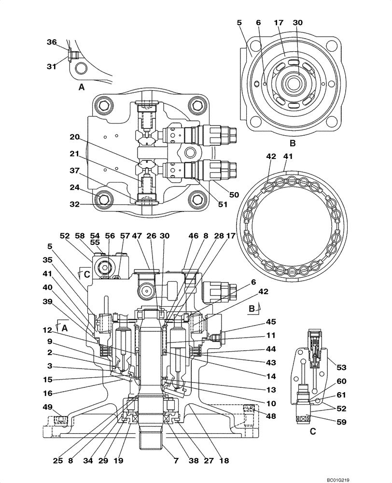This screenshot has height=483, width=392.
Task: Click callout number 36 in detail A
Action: (x=52, y=42)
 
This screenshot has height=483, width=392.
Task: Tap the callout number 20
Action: (x=74, y=137)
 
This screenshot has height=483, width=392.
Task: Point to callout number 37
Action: (x=74, y=170)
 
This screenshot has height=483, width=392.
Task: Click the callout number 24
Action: (x=74, y=187)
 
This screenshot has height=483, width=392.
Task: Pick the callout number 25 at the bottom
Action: (x=57, y=461)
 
